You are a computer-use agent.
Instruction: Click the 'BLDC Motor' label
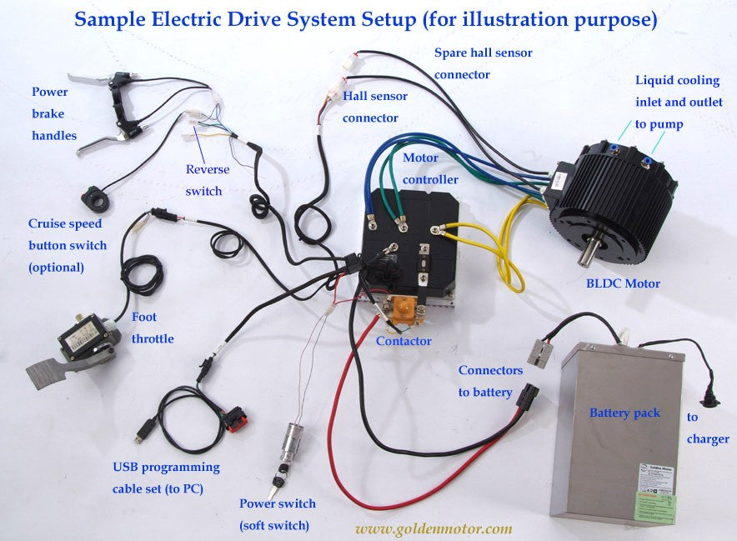pos(623,283)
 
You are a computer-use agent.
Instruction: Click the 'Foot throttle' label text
pos(153,328)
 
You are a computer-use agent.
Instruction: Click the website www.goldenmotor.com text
pos(434,528)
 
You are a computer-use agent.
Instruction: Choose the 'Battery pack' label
pos(624,413)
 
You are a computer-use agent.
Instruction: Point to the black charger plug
pos(711,395)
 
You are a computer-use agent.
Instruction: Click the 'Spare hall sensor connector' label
pos(484,63)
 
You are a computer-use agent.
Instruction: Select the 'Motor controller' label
pos(430,168)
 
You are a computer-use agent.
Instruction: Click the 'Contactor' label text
pos(404,341)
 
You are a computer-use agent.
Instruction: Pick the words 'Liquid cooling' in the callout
pos(677,81)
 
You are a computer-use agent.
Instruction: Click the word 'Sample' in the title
pos(108,19)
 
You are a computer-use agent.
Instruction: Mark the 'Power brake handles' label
pos(54,113)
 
